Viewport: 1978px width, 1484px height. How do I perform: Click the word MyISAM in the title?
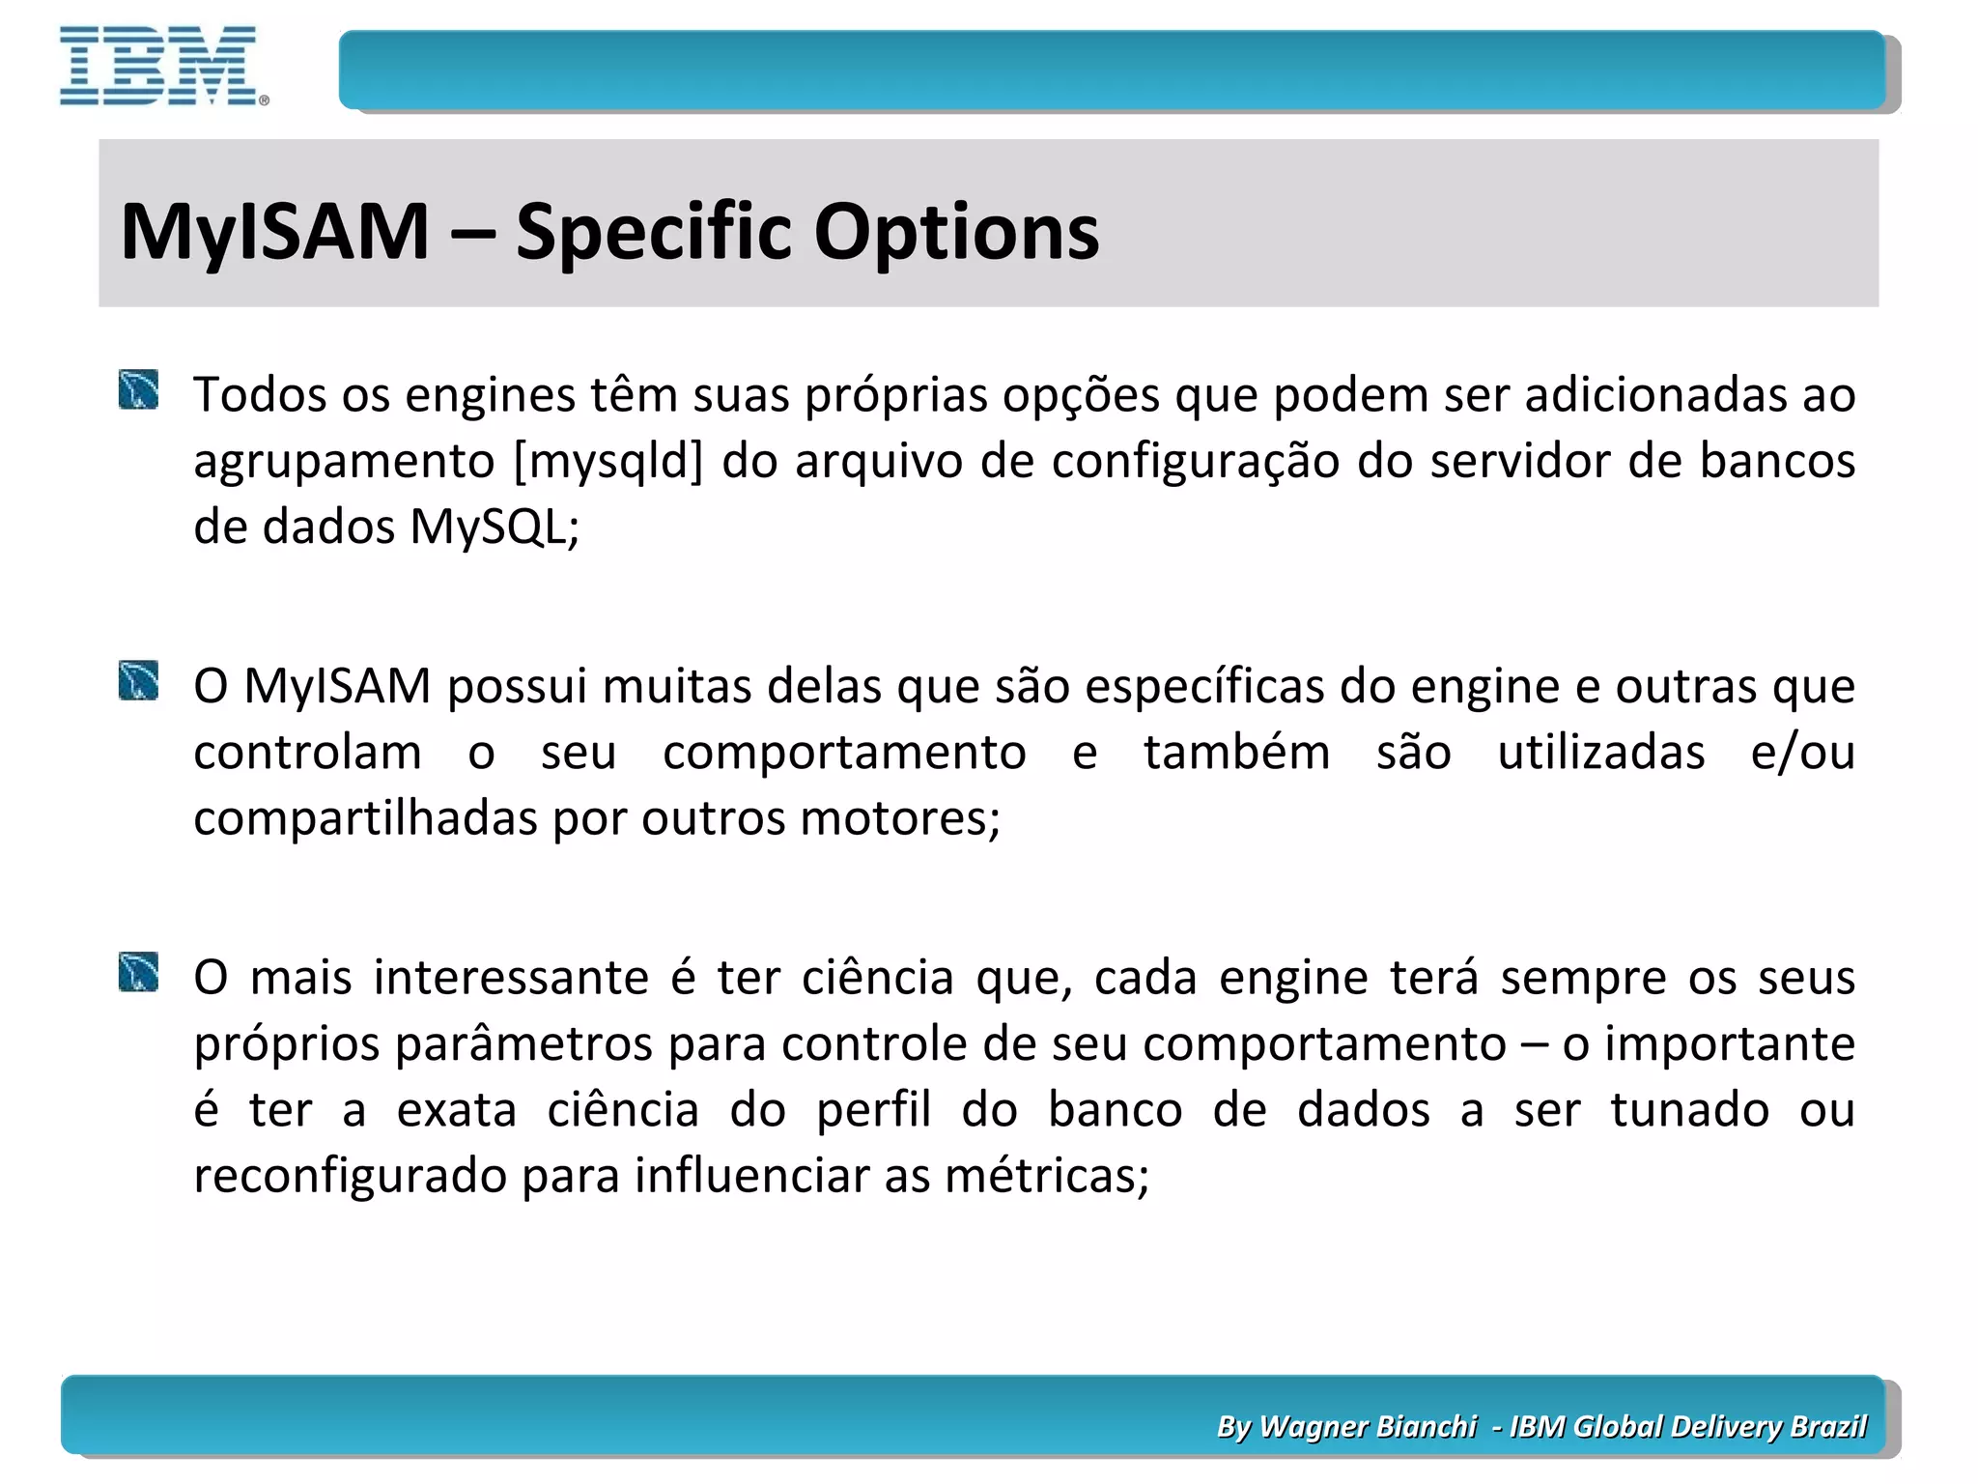[275, 232]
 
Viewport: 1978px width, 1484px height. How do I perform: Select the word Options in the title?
[956, 232]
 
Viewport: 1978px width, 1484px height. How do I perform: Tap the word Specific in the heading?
[653, 232]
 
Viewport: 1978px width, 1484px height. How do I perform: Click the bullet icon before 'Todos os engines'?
[139, 390]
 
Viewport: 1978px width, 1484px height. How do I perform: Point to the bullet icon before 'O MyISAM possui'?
[139, 681]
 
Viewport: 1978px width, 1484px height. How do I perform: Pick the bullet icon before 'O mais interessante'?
[139, 972]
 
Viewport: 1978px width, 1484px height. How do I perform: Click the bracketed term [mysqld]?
[608, 461]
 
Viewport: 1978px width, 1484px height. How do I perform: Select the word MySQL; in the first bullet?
[494, 528]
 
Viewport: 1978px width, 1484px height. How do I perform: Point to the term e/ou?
[1802, 753]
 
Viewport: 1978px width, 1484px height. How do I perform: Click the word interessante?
[511, 978]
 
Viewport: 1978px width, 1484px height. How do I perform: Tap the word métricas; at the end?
[1047, 1176]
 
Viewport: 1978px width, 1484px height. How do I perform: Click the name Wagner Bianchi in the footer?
[1369, 1427]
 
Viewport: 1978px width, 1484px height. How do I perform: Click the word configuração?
[1196, 461]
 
